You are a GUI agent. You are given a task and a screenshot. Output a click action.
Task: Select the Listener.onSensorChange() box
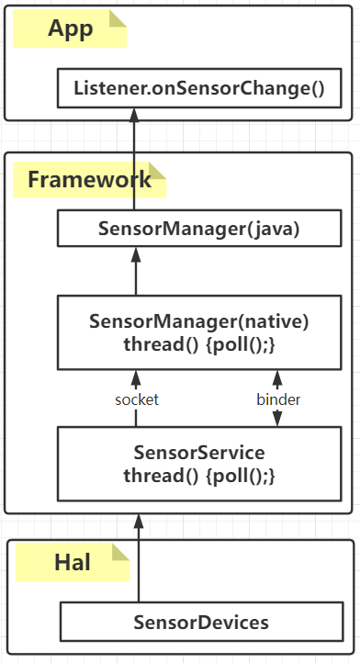click(200, 88)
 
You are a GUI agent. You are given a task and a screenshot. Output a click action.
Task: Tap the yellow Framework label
click(88, 180)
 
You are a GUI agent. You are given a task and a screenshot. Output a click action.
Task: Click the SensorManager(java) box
click(200, 229)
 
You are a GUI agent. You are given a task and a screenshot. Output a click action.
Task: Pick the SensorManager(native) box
click(200, 332)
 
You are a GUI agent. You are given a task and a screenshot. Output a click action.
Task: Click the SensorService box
click(200, 464)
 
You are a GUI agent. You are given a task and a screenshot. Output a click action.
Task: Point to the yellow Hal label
click(72, 562)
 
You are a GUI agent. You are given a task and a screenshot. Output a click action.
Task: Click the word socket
click(137, 399)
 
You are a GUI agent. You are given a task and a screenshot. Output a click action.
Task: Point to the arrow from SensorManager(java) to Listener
click(136, 156)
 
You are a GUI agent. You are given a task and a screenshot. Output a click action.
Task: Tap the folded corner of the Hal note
click(120, 552)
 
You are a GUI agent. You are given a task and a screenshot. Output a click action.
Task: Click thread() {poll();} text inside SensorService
click(200, 476)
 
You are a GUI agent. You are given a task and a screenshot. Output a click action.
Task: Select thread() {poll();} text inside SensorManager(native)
click(200, 344)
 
